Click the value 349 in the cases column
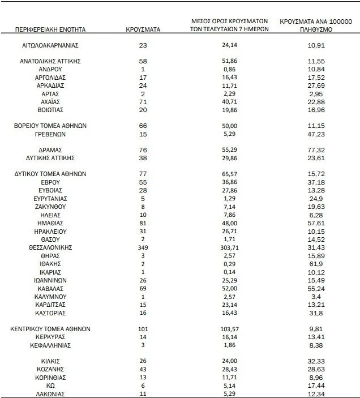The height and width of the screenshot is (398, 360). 143,248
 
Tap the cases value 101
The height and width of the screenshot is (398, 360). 143,328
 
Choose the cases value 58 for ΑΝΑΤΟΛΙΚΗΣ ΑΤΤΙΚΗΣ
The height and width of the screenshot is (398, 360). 143,60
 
